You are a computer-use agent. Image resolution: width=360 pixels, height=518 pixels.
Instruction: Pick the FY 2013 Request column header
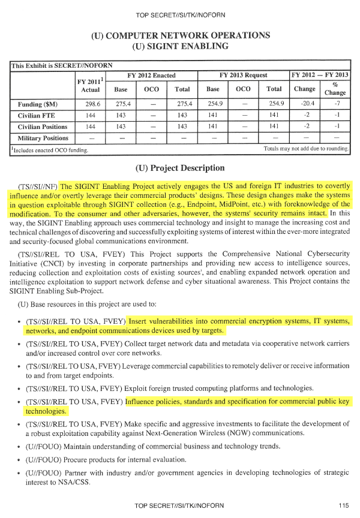243,76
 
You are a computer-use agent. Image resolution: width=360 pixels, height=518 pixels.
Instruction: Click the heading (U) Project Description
181,168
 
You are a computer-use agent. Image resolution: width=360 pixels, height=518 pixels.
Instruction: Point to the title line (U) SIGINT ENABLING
180,46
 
